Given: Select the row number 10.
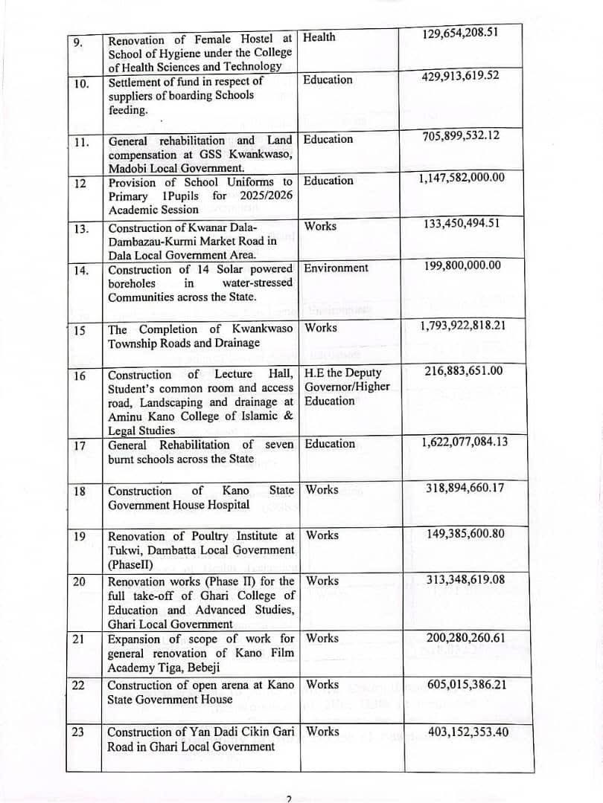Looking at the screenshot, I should click(81, 83).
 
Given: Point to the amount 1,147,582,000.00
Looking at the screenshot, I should click(462, 177).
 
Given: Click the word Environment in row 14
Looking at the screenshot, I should click(336, 268).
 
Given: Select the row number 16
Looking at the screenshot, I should click(80, 375).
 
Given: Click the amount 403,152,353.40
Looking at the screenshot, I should click(468, 732).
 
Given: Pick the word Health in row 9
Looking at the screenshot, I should click(319, 37).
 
